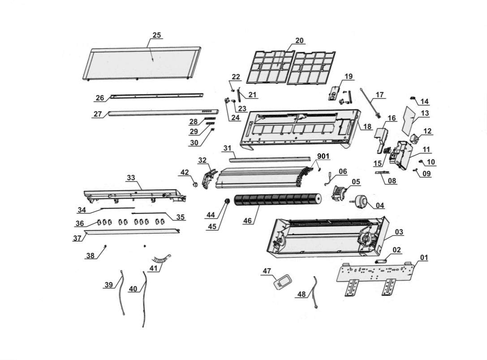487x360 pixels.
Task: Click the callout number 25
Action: pyautogui.click(x=157, y=35)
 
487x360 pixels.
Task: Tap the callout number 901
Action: pyautogui.click(x=323, y=156)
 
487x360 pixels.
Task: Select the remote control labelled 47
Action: pyautogui.click(x=283, y=282)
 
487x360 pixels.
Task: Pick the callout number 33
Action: pyautogui.click(x=131, y=178)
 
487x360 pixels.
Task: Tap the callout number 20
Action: pyautogui.click(x=299, y=40)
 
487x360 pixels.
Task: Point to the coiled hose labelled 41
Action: pyautogui.click(x=160, y=259)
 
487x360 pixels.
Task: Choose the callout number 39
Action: pyautogui.click(x=109, y=285)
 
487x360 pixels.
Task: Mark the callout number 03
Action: pyautogui.click(x=399, y=232)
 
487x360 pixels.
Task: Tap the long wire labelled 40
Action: pyautogui.click(x=144, y=300)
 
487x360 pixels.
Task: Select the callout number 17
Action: pyautogui.click(x=379, y=95)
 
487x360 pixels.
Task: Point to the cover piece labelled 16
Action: pyautogui.click(x=381, y=135)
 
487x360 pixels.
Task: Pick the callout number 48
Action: pyautogui.click(x=302, y=294)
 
